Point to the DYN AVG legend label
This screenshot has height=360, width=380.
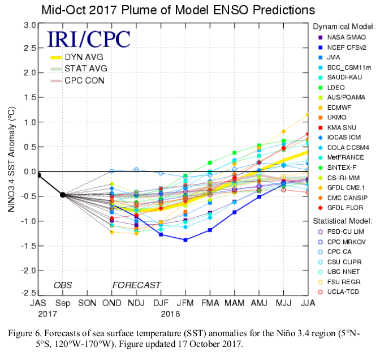click(83, 57)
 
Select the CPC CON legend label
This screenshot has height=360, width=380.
click(84, 81)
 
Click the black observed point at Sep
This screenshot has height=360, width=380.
click(63, 195)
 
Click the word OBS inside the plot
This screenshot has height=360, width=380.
click(63, 285)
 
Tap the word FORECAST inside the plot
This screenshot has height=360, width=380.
click(136, 285)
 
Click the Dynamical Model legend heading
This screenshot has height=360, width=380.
click(344, 26)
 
